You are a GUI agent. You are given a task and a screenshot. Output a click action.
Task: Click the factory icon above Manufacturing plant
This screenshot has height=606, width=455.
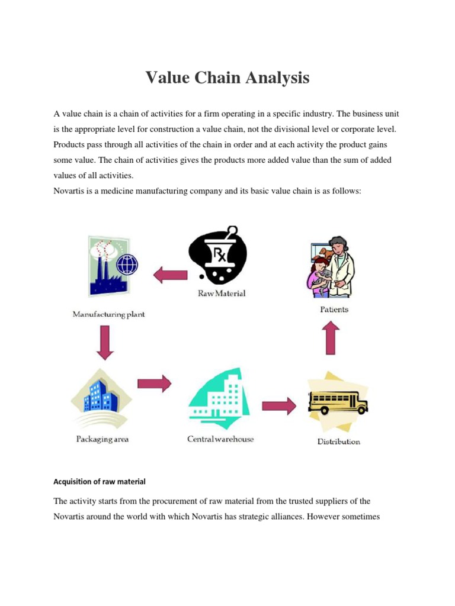(110, 266)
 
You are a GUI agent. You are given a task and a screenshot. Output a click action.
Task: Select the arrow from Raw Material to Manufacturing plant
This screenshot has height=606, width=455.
(170, 274)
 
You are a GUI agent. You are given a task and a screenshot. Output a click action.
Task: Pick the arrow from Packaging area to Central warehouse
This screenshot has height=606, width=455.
(154, 383)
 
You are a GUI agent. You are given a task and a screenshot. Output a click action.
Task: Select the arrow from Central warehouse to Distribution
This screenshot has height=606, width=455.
(279, 407)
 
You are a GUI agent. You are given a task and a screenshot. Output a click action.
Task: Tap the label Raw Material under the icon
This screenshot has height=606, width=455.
(222, 293)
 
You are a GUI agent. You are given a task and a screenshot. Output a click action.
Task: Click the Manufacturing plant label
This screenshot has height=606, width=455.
(108, 315)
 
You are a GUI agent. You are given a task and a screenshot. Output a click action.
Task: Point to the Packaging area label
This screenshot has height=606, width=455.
(102, 439)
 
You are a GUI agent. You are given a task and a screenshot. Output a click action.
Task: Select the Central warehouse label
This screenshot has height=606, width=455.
(220, 439)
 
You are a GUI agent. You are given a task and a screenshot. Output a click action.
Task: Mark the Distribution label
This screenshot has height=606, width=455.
(338, 441)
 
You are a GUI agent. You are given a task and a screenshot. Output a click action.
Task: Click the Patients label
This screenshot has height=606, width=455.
(334, 309)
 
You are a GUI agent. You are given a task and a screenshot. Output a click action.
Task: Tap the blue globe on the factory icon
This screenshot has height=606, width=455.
(126, 265)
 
